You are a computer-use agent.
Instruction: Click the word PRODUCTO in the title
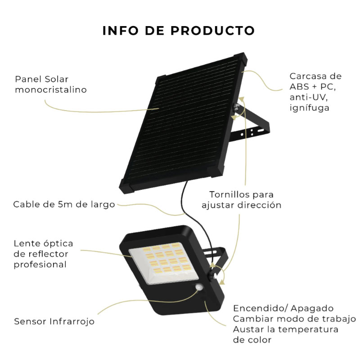click(x=212, y=31)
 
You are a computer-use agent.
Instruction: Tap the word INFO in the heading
click(x=121, y=31)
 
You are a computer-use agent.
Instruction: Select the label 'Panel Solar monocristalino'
click(x=51, y=84)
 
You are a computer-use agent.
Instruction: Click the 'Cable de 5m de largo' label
click(x=64, y=204)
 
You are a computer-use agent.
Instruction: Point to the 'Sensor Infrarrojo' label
click(x=54, y=321)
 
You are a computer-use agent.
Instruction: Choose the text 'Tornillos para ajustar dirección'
click(x=242, y=200)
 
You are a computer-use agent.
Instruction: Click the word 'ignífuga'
click(x=309, y=108)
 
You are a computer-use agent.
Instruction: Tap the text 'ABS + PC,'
click(x=312, y=86)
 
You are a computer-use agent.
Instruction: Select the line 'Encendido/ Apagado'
click(x=283, y=308)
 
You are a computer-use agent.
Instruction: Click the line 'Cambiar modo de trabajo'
click(x=295, y=319)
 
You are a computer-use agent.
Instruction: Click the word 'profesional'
click(x=40, y=265)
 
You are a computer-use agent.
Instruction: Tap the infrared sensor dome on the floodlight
click(x=199, y=287)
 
